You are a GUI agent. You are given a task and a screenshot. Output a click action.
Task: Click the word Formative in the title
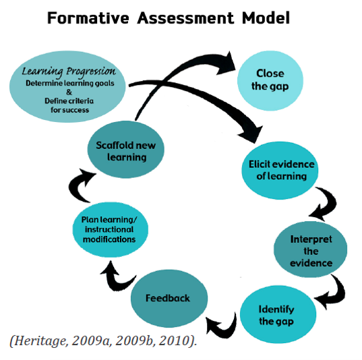point(88,18)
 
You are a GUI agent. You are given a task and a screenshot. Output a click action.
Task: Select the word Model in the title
point(266,18)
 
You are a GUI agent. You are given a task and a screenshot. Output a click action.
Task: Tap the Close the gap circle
point(270,81)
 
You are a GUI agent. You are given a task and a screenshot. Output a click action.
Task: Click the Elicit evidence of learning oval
point(280,171)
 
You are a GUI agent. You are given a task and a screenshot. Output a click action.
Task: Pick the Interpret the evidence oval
point(310,249)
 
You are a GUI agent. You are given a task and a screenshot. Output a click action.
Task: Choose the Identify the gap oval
point(278,315)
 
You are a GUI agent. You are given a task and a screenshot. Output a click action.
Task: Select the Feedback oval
point(169,299)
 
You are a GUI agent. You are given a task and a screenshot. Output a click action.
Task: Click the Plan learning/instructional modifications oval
point(111,229)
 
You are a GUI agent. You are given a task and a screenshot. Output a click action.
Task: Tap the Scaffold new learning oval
point(126,150)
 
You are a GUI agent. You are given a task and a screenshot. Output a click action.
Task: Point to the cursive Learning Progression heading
point(69,71)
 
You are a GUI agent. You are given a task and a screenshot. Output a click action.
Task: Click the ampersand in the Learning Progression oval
point(69,92)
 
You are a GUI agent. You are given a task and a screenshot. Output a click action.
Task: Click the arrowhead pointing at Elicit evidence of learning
point(251,134)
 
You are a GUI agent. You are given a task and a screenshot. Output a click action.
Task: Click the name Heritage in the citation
point(41,341)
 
